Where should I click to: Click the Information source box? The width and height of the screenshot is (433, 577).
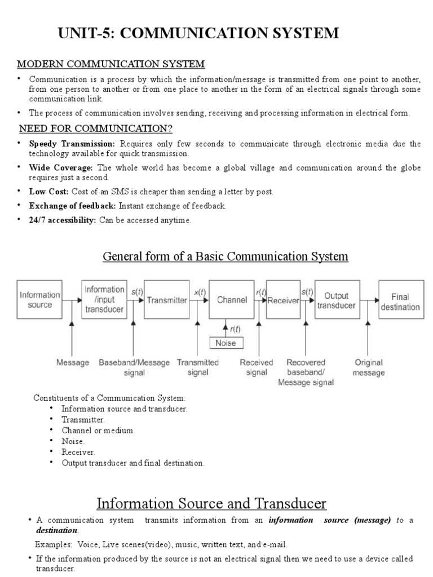click(x=39, y=300)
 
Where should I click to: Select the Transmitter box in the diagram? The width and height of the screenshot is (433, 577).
click(x=167, y=300)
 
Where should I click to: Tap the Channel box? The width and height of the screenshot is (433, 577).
click(x=232, y=300)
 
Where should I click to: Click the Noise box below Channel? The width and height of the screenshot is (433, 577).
click(x=227, y=342)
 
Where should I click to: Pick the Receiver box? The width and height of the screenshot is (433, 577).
click(x=283, y=300)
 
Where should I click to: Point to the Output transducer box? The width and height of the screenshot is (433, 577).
click(x=336, y=300)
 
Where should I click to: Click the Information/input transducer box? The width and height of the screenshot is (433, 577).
click(x=104, y=299)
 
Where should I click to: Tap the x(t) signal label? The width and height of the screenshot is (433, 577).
click(x=200, y=292)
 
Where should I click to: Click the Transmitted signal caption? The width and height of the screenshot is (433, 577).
click(x=198, y=367)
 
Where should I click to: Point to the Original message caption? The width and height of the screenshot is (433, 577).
click(x=369, y=367)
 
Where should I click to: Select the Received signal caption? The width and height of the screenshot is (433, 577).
click(x=257, y=367)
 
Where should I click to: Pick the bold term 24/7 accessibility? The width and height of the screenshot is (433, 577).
click(x=63, y=220)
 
